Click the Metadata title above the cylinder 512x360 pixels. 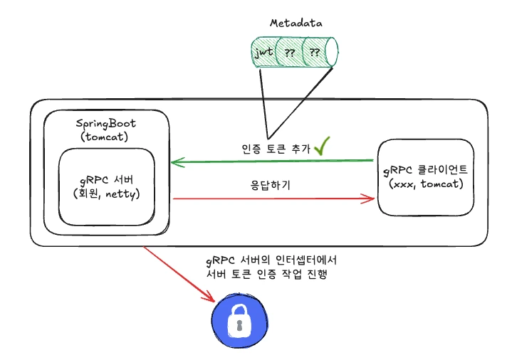pyautogui.click(x=296, y=23)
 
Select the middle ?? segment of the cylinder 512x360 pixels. pyautogui.click(x=290, y=52)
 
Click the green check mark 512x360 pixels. pyautogui.click(x=324, y=146)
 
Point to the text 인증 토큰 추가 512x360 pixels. pyautogui.click(x=276, y=149)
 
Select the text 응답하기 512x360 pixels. pyautogui.click(x=270, y=184)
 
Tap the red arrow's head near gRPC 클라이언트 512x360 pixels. pyautogui.click(x=370, y=198)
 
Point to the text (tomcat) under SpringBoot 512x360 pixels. pyautogui.click(x=106, y=137)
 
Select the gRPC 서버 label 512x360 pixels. pyautogui.click(x=106, y=179)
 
